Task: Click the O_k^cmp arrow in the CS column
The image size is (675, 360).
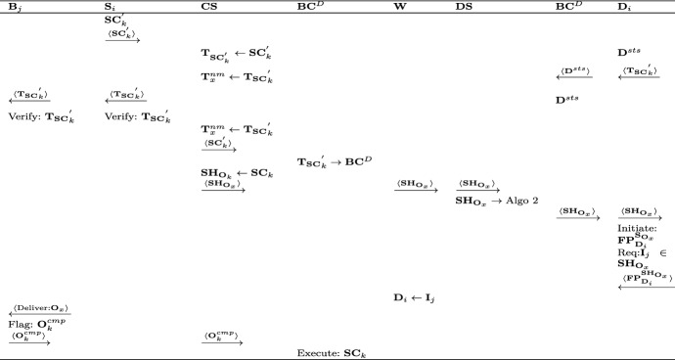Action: click(x=222, y=338)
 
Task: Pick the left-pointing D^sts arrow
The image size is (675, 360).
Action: click(x=575, y=73)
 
